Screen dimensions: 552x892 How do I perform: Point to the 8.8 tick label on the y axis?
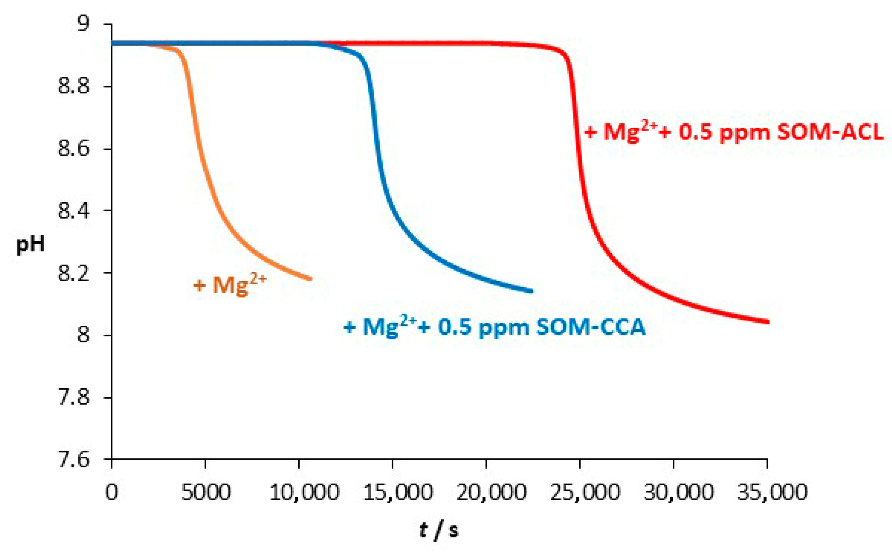[74, 86]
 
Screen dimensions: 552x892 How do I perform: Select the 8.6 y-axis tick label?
[74, 149]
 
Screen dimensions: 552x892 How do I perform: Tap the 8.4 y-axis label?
[74, 210]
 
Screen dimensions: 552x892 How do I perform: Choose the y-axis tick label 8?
[84, 335]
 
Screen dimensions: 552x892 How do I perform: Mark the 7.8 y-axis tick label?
[74, 397]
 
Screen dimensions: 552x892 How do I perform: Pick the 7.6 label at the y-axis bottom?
[74, 459]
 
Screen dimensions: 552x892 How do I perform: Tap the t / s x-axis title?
[439, 530]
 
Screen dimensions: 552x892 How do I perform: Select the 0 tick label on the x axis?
[112, 492]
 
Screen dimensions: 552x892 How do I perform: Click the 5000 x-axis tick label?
[206, 492]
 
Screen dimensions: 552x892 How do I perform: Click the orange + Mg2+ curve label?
[230, 285]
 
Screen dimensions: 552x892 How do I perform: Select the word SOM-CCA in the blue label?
[591, 327]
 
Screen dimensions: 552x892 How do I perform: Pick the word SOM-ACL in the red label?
[830, 132]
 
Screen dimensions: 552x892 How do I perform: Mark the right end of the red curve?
[767, 322]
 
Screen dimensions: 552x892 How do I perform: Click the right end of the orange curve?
[310, 279]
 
